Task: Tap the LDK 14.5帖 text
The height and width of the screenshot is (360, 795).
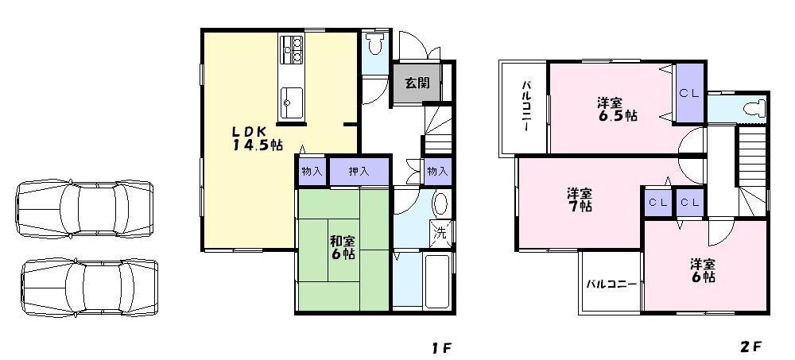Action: [x=257, y=137]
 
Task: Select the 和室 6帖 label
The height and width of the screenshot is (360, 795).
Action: [x=343, y=247]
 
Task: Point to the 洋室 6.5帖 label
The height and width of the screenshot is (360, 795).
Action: [x=616, y=109]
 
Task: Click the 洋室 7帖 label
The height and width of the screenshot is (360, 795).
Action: [x=579, y=199]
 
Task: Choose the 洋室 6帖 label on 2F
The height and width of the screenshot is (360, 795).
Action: [x=702, y=270]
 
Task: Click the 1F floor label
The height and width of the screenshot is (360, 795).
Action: [x=442, y=347]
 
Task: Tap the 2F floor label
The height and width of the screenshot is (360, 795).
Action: [x=750, y=346]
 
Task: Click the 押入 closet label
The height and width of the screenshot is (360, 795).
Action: [x=359, y=171]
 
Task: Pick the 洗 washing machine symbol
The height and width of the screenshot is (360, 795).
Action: [x=440, y=233]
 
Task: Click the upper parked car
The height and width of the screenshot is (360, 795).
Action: [x=84, y=209]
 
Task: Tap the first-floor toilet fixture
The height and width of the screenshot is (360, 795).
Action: [x=375, y=44]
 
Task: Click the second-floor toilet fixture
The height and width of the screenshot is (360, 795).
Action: [x=751, y=108]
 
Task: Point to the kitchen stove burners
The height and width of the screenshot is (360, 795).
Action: [x=293, y=49]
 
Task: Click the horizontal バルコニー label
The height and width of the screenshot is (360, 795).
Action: [x=611, y=283]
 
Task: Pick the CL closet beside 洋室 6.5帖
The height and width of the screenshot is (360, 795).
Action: [x=688, y=94]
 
